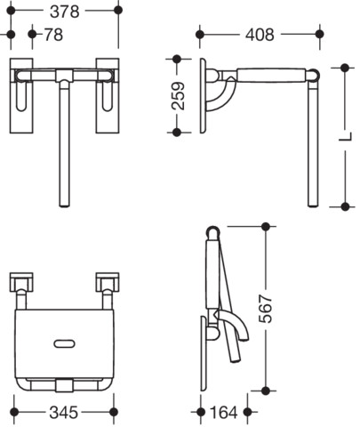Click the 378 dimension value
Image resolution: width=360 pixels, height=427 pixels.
coord(65,12)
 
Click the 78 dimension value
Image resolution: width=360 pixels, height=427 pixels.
coord(53,35)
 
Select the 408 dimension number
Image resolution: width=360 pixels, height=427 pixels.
coord(260,35)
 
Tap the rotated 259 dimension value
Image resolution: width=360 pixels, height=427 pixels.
coord(179,96)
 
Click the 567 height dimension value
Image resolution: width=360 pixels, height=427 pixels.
coord(265,309)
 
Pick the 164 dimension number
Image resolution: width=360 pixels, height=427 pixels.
coord(224,412)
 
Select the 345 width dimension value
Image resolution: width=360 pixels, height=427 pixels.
coord(64,412)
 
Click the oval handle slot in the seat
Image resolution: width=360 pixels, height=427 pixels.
coord(64,343)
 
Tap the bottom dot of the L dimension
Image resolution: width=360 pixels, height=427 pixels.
coord(345,206)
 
